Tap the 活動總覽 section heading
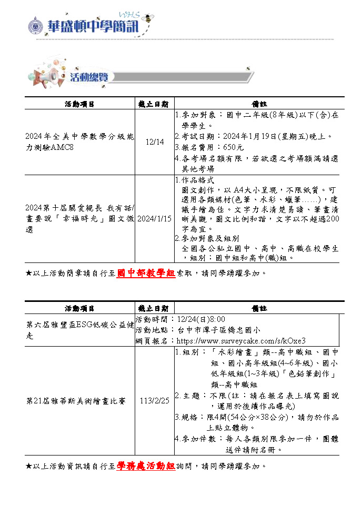click(89, 77)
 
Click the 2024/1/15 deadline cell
click(154, 218)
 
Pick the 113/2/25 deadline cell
click(154, 401)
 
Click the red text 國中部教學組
click(145, 273)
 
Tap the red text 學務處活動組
click(145, 466)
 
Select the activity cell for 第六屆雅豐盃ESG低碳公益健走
click(79, 330)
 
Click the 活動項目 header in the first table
click(79, 104)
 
